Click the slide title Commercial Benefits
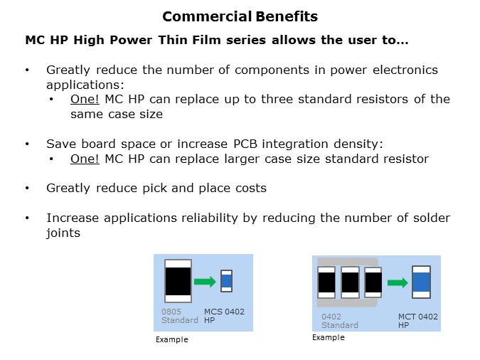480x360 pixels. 240,16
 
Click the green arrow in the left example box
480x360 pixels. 205,282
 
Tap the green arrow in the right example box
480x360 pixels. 398,282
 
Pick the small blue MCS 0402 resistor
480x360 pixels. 226,281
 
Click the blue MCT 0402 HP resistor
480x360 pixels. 422,282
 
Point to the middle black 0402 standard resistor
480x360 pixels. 350,282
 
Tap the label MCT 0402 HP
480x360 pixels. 417,320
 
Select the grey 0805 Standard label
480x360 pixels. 179,316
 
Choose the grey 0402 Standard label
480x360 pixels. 339,320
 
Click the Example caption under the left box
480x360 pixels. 171,340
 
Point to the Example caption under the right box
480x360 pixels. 328,337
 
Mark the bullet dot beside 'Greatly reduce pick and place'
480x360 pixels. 27,189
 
